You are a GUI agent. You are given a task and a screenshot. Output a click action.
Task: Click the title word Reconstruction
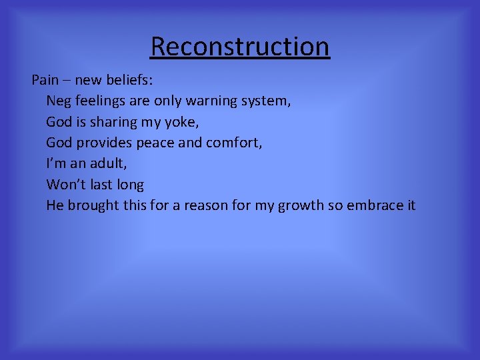coord(240,47)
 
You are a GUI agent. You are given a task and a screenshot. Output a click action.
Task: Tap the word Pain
coord(45,81)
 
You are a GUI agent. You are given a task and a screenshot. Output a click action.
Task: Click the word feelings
coord(100,101)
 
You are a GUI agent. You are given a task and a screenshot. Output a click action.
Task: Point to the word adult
coord(104,163)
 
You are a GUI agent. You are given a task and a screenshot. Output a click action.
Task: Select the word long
coord(129,184)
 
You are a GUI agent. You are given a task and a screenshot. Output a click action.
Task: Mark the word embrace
coord(375,205)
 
